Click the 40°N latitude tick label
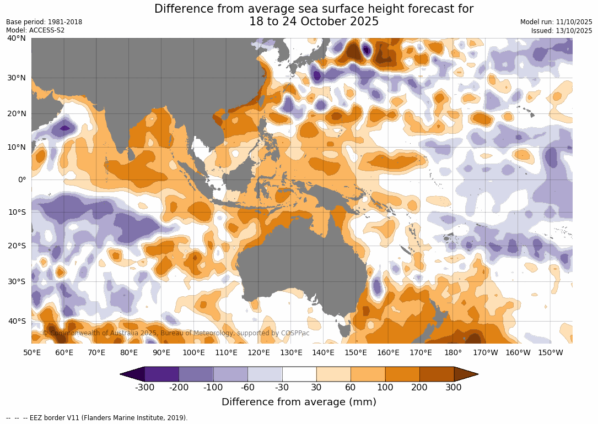click(17, 38)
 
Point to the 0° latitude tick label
click(21, 180)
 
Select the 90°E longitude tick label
click(161, 352)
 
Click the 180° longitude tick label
click(453, 352)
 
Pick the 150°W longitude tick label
click(550, 352)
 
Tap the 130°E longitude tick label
click(291, 352)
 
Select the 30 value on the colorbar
click(316, 387)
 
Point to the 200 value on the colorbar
click(420, 387)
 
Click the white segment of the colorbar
click(299, 374)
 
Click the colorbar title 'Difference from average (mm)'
click(299, 402)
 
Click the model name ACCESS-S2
click(46, 30)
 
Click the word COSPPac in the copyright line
click(295, 333)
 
